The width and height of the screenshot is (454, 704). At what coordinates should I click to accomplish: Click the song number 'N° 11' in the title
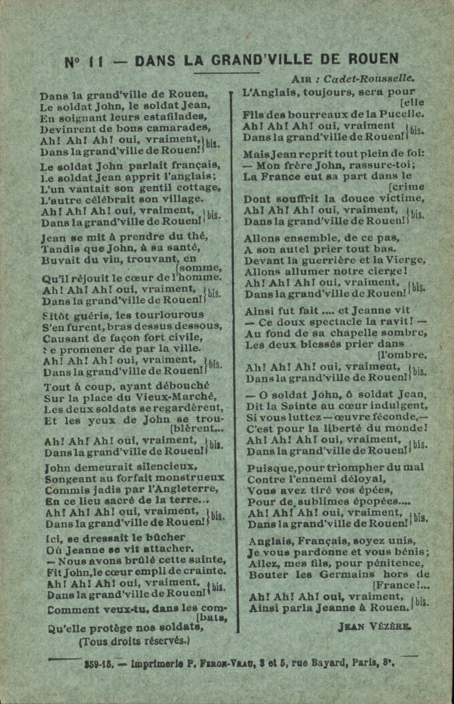pos(84,61)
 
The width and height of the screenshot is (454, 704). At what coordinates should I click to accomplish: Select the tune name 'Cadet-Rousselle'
pos(369,79)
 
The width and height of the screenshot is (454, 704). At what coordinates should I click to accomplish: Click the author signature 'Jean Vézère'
pos(375,626)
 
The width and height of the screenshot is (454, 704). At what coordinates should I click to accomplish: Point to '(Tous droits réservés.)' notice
pos(134,640)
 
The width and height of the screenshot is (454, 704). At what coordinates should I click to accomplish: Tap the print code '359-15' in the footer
pos(99,663)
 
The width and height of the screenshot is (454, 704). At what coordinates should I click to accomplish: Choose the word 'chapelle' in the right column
pos(343,333)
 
